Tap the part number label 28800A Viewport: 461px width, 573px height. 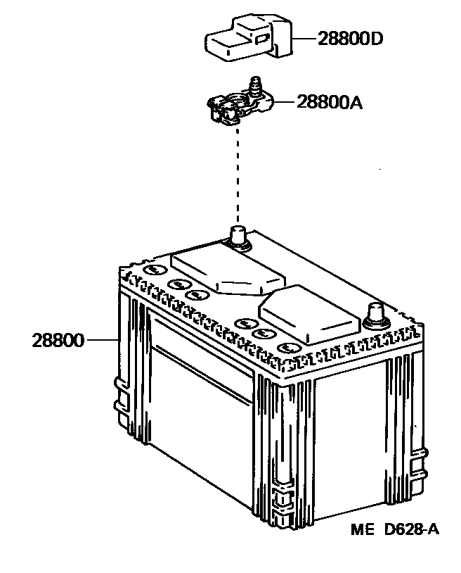(x=330, y=103)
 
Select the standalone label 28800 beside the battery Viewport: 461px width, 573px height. (x=57, y=341)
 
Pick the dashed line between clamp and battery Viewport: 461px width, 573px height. (x=238, y=176)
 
